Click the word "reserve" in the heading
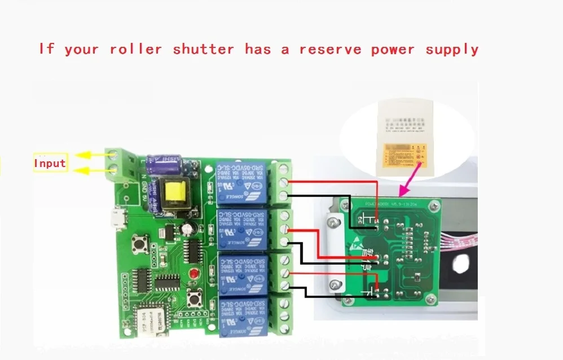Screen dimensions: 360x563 coord(330,50)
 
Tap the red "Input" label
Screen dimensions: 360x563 coord(50,164)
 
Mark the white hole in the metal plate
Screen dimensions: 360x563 coord(461,264)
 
